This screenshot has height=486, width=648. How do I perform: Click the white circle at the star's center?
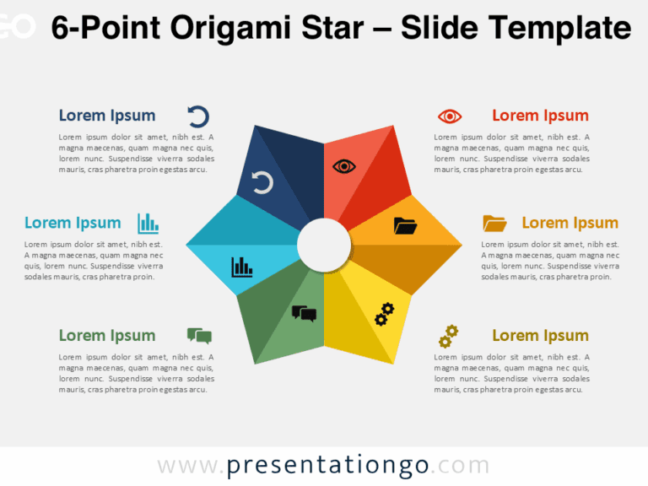pos(324,246)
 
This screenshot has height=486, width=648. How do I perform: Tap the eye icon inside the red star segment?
pos(344,166)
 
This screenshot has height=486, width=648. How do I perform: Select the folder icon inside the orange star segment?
pos(405,225)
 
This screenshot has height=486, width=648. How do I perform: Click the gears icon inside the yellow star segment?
pos(384,314)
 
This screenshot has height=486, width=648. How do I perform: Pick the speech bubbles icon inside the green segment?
pos(304,314)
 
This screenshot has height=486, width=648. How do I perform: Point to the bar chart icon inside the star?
pos(242,267)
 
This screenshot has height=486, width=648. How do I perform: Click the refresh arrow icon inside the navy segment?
pos(262,182)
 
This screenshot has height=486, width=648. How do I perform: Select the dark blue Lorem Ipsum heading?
pos(107,116)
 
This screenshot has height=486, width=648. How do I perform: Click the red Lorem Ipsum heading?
pos(540,116)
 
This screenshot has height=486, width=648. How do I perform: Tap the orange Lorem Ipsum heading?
pos(570,223)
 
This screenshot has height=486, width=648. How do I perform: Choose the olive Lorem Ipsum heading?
pos(540,336)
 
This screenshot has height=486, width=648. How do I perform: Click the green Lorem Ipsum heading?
pos(107,336)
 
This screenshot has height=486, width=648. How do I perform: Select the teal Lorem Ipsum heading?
pos(73,223)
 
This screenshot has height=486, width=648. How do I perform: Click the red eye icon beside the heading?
pos(450,116)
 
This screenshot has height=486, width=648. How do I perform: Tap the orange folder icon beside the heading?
pos(494,223)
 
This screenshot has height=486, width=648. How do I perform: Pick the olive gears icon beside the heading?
pos(448,336)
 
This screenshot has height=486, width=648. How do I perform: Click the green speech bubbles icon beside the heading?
pos(199,336)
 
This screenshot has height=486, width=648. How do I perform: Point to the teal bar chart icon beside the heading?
pos(148,223)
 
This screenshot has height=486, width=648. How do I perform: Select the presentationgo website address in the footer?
pos(323,465)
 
